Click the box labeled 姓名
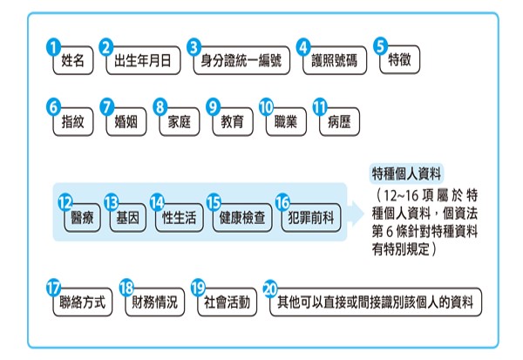tap(72, 63)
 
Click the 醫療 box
tap(80, 219)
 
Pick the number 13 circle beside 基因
tap(111, 202)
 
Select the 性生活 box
tap(178, 219)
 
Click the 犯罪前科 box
tap(309, 219)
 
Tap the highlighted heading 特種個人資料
tap(406, 171)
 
